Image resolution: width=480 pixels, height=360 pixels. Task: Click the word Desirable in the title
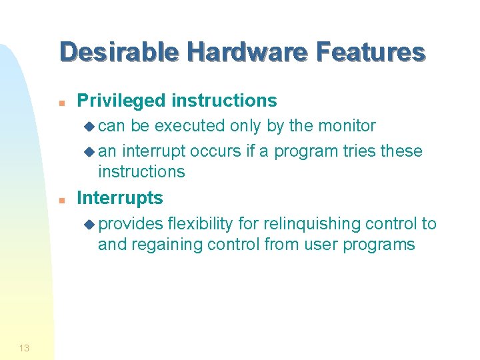[x=118, y=52]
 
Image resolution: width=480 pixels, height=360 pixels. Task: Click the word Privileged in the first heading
[x=121, y=101]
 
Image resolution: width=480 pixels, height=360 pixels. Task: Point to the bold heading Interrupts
[x=120, y=198]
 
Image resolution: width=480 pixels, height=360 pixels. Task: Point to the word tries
[x=359, y=151]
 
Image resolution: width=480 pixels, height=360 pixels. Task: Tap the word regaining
[x=167, y=245]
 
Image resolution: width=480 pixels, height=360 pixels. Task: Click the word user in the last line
[x=321, y=245]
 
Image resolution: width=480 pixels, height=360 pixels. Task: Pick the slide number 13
[x=24, y=347]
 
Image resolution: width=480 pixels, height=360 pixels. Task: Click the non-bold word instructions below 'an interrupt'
[x=141, y=172]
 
